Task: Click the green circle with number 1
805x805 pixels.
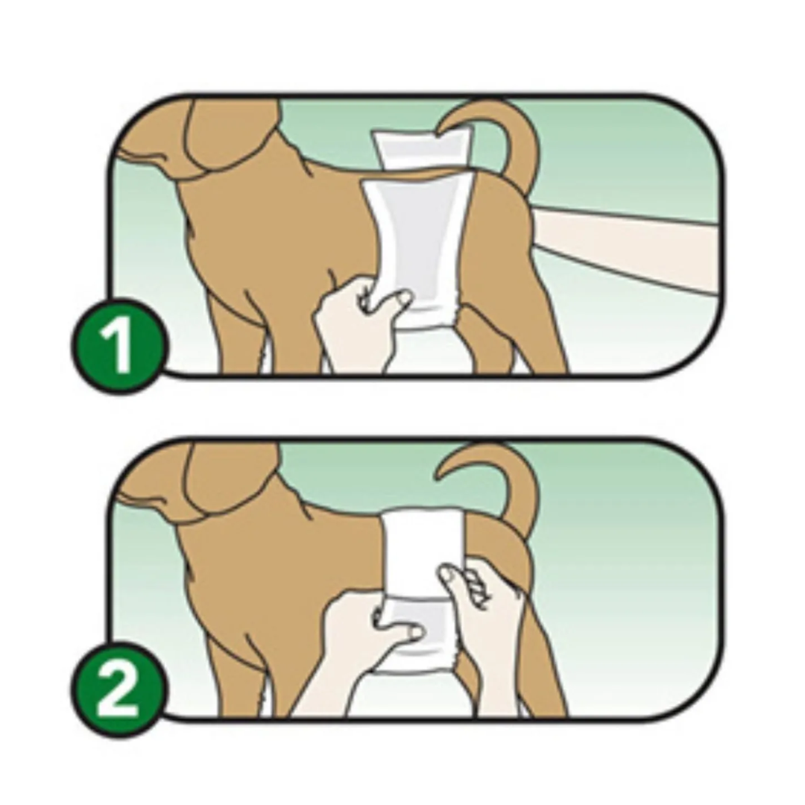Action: tap(119, 345)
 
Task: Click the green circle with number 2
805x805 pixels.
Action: tap(119, 689)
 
